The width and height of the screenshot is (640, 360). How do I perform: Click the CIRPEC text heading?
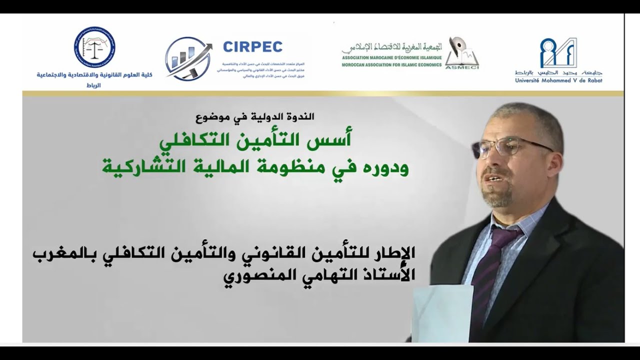[x=252, y=47]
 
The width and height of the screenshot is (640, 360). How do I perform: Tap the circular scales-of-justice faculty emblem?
[x=94, y=47]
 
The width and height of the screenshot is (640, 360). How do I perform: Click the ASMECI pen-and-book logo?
[x=461, y=52]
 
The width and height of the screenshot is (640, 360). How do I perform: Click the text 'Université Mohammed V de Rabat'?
[x=558, y=80]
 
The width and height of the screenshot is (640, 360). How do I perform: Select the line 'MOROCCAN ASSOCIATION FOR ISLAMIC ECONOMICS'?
[x=391, y=65]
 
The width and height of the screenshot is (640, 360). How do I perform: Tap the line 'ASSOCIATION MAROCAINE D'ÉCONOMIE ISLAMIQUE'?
[x=391, y=58]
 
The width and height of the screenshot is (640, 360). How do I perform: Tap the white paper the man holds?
[x=442, y=312]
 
